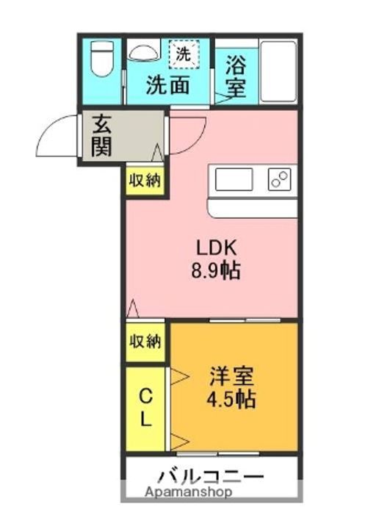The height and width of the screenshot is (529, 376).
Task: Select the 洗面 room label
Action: [167, 84]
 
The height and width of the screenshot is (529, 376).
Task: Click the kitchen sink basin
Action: [234, 179]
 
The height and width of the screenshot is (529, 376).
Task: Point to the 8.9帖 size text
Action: [214, 270]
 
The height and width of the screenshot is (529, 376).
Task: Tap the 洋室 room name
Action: [231, 378]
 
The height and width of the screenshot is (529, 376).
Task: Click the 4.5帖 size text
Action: [231, 401]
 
